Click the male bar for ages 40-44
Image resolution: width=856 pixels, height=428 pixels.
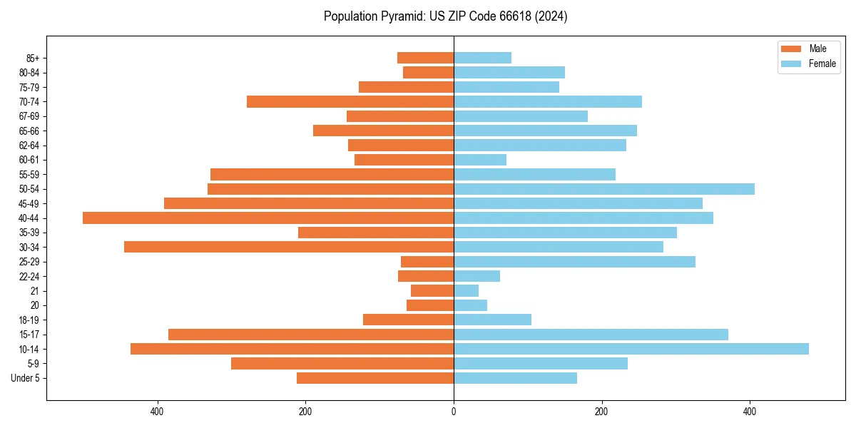[x=268, y=218]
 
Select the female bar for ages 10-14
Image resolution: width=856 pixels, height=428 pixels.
[x=631, y=349]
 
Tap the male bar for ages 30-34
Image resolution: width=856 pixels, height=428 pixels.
[x=289, y=247]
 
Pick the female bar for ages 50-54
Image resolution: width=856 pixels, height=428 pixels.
[x=604, y=189]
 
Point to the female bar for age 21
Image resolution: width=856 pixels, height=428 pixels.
[x=467, y=291]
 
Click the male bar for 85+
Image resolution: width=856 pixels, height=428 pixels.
[x=426, y=58]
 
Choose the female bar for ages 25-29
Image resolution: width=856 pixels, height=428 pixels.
[x=575, y=262]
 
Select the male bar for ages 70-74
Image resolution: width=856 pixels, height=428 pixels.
[x=350, y=102]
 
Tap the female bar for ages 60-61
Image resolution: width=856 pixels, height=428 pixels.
[x=480, y=160]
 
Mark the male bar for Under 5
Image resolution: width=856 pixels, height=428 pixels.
[x=375, y=378]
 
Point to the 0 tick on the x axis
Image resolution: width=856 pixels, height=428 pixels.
[x=454, y=412]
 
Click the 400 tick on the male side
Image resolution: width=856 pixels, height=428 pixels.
[x=158, y=412]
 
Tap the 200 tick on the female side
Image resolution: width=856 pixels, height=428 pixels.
[x=601, y=412]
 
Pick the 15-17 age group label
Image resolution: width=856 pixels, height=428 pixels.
[x=29, y=335]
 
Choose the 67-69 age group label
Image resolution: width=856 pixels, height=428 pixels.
[x=29, y=116]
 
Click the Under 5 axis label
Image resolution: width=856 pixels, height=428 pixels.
[x=26, y=378]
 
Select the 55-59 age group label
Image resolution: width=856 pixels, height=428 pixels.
[x=29, y=175]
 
